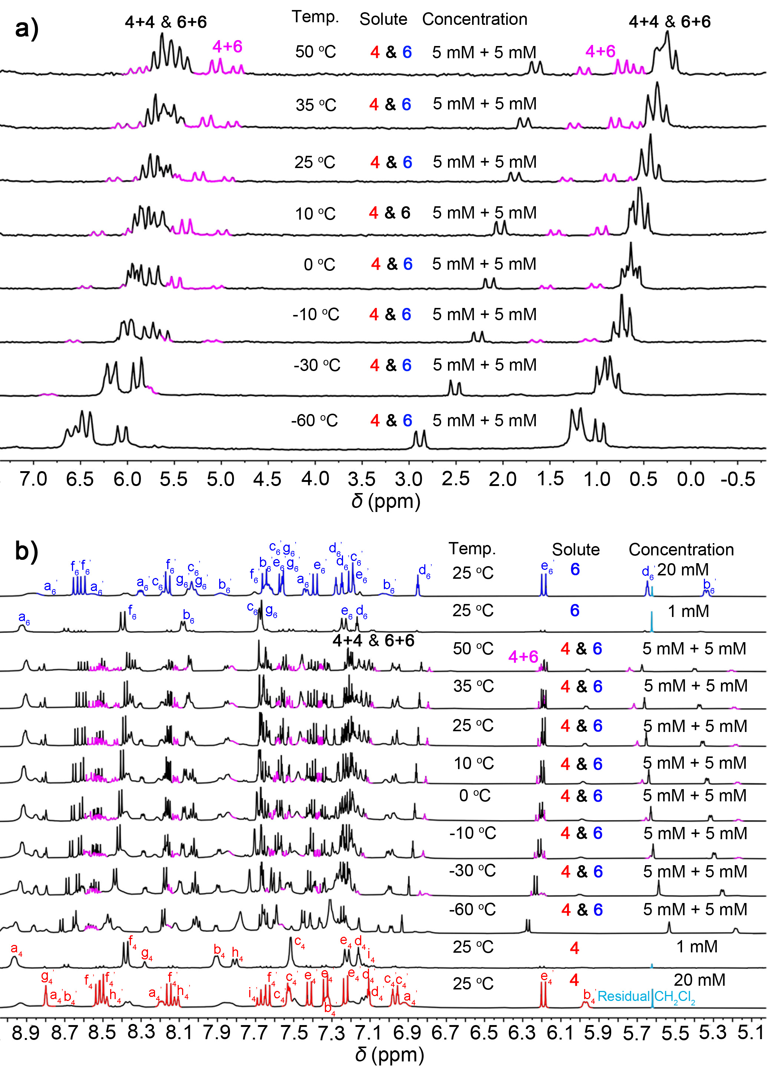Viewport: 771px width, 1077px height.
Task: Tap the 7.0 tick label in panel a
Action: pyautogui.click(x=33, y=479)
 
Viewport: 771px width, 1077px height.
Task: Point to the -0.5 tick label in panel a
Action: pyautogui.click(x=737, y=479)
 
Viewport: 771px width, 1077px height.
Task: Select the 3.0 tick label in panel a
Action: pyautogui.click(x=408, y=479)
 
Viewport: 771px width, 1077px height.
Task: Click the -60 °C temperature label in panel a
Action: pyautogui.click(x=314, y=421)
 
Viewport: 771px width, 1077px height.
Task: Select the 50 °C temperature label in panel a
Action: pyautogui.click(x=316, y=52)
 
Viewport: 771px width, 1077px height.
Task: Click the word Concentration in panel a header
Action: pyautogui.click(x=475, y=19)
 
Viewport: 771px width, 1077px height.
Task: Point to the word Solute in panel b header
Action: pyautogui.click(x=576, y=549)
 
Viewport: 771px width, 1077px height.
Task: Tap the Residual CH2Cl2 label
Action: pyautogui.click(x=646, y=996)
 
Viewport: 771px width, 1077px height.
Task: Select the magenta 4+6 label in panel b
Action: pyautogui.click(x=523, y=656)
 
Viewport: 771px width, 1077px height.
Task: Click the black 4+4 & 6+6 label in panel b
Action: pyautogui.click(x=373, y=641)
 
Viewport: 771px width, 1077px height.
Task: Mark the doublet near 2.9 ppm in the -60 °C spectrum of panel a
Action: pyautogui.click(x=420, y=438)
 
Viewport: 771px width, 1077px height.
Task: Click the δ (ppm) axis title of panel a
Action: pyautogui.click(x=386, y=501)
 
